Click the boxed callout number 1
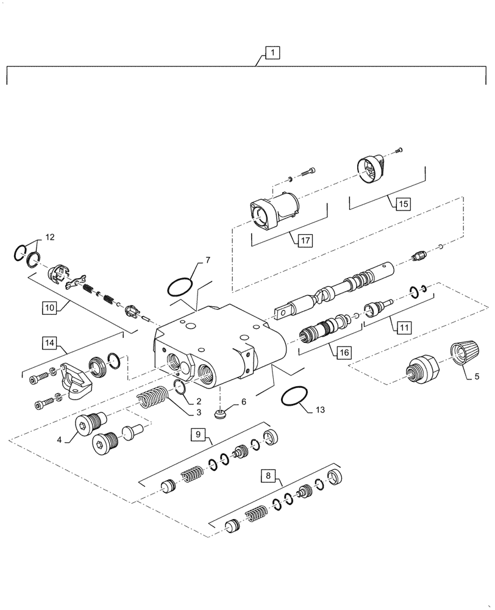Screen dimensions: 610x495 tap(272, 53)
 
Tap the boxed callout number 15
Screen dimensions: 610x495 tap(403, 204)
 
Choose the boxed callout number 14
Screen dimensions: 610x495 tap(51, 345)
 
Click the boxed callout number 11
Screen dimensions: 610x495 tap(404, 327)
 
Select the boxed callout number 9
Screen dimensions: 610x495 tap(197, 434)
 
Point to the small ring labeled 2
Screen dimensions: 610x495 tap(179, 387)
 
